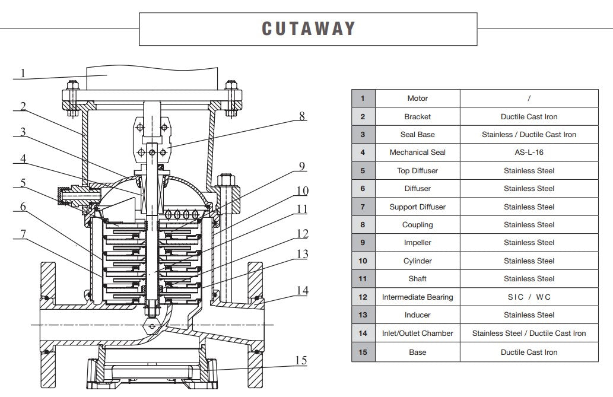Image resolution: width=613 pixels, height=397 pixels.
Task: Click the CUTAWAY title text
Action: [308, 28]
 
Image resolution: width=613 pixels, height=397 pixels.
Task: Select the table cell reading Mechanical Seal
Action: [417, 153]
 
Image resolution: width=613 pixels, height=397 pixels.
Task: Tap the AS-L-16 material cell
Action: [529, 153]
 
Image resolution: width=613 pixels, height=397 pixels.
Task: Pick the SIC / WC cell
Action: [529, 297]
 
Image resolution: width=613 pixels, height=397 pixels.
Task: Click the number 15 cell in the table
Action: [363, 352]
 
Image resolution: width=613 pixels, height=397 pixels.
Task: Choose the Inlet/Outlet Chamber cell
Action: [417, 334]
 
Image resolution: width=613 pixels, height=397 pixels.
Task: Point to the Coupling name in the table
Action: [417, 225]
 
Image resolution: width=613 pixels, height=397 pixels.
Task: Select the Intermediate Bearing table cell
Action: [417, 297]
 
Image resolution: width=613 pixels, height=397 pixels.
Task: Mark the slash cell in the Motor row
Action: [529, 99]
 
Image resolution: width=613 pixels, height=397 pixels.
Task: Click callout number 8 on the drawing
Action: [302, 116]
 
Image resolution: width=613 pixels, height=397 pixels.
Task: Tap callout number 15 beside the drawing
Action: [301, 360]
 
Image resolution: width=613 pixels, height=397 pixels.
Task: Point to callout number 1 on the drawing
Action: [23, 74]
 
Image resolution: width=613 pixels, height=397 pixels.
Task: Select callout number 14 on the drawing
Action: [303, 290]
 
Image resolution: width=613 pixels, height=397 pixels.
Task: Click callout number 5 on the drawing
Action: [23, 183]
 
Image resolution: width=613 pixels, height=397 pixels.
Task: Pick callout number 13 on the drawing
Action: [302, 254]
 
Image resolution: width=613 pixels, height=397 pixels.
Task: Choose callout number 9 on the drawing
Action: [302, 166]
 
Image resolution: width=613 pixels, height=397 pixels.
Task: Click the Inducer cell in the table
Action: [417, 315]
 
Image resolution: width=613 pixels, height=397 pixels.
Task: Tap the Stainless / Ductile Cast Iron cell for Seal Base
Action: [529, 135]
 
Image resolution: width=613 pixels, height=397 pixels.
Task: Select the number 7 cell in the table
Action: [363, 207]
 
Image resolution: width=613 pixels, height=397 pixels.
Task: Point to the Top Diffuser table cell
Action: [417, 171]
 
